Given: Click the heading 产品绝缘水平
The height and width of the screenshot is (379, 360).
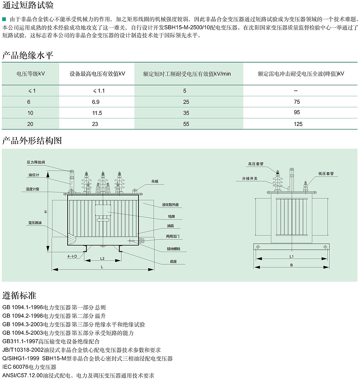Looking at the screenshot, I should pos(28,56).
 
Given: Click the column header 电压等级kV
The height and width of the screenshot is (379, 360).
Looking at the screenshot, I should pos(31,74).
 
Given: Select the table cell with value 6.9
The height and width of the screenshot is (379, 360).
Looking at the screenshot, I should pos(95,102).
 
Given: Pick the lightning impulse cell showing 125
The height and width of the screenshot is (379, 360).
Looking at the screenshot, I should pos(298,124).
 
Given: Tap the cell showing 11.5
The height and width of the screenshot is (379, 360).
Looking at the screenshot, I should pos(97,113).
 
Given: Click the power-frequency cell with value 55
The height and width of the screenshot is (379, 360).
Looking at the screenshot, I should pos(186,124).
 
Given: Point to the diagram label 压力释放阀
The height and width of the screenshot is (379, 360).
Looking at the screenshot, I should pos(35,162).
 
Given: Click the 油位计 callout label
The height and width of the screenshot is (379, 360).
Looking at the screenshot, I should pos(34,175).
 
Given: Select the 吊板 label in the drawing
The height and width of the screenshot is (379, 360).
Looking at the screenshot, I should pos(155,181).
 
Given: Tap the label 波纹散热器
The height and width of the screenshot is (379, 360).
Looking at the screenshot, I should pos(170,205).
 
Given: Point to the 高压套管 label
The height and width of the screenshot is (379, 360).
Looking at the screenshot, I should pos(255,164).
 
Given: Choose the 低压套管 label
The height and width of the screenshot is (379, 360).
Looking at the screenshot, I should pos(326,174).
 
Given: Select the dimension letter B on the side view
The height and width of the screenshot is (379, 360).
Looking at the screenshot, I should pos(291,264).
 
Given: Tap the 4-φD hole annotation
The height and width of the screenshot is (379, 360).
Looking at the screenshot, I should pos(72,256).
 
